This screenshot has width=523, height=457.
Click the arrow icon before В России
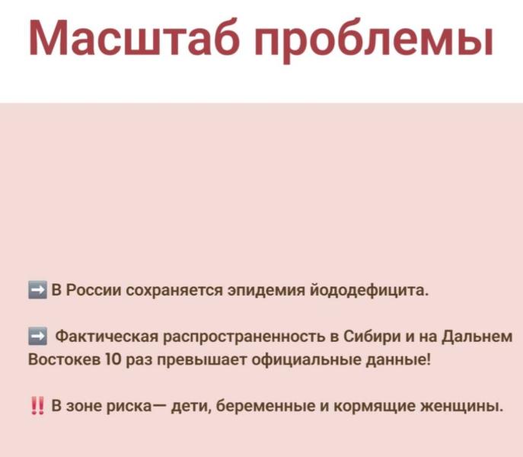38,290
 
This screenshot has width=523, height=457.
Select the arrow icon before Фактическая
38,335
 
